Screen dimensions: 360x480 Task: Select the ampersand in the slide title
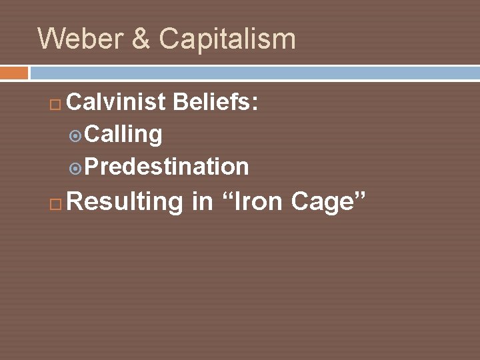click(141, 39)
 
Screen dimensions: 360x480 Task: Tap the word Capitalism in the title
click(227, 39)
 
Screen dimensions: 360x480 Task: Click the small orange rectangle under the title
click(14, 72)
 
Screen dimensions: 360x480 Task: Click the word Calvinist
click(116, 102)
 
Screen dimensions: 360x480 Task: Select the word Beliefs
click(213, 102)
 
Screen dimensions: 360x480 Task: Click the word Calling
click(123, 134)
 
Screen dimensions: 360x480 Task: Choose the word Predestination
click(167, 166)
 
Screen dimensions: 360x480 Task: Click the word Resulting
click(125, 201)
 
